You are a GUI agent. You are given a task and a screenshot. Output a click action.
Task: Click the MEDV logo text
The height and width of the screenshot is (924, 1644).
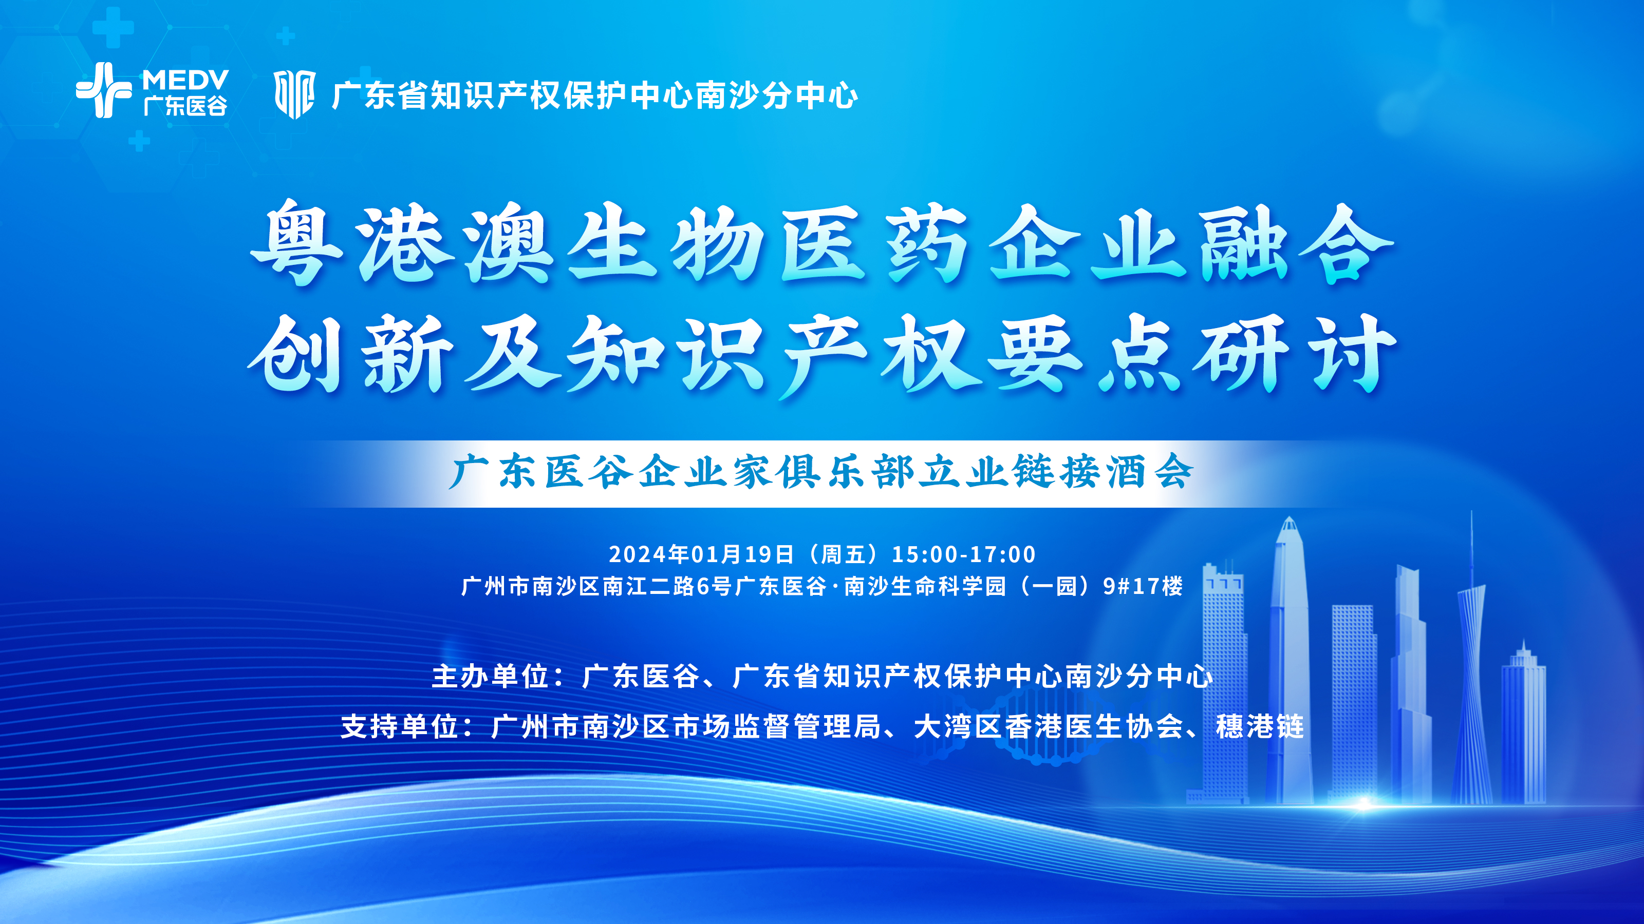(185, 80)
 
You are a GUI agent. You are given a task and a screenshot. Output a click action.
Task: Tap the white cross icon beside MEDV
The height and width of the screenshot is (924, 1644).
(103, 90)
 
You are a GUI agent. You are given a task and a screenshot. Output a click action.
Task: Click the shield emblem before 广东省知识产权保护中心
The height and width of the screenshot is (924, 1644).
(294, 94)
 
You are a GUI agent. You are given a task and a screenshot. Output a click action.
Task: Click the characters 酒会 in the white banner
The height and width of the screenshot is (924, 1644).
(1149, 472)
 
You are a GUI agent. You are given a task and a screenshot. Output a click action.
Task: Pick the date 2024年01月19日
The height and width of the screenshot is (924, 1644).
(701, 554)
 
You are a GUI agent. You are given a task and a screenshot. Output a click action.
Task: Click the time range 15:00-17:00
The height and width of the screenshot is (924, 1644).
(964, 554)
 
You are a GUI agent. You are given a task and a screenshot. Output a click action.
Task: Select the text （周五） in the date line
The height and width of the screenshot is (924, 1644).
(843, 554)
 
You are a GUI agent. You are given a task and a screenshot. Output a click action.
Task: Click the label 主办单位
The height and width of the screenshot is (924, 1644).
(490, 677)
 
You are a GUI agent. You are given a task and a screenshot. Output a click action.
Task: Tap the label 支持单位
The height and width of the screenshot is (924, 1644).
(399, 727)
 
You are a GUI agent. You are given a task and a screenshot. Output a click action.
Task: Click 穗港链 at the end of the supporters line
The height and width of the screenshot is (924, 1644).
(1259, 727)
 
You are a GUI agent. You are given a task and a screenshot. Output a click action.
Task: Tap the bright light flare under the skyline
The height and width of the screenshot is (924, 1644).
(1362, 803)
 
